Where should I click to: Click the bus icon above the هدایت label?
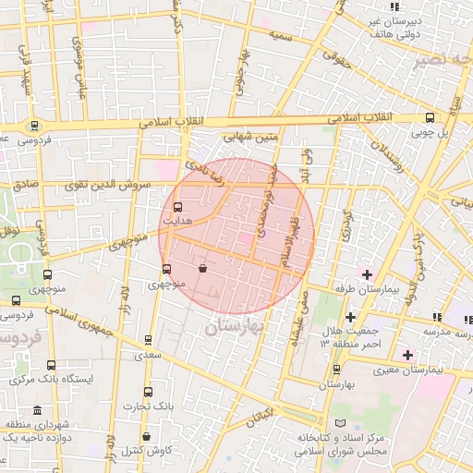(177, 207)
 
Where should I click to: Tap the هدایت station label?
(176, 222)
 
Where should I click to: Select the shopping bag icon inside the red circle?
(202, 269)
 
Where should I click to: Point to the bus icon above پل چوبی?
(430, 117)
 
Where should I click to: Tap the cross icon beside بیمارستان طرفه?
(367, 274)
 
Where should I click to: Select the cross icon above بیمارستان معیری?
(407, 355)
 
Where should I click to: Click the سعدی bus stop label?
(148, 355)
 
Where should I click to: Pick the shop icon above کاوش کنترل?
(146, 436)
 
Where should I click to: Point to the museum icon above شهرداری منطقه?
(36, 410)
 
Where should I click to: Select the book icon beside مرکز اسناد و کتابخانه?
(342, 423)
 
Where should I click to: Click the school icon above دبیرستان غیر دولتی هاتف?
(394, 7)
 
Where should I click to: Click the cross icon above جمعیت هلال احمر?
(350, 317)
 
